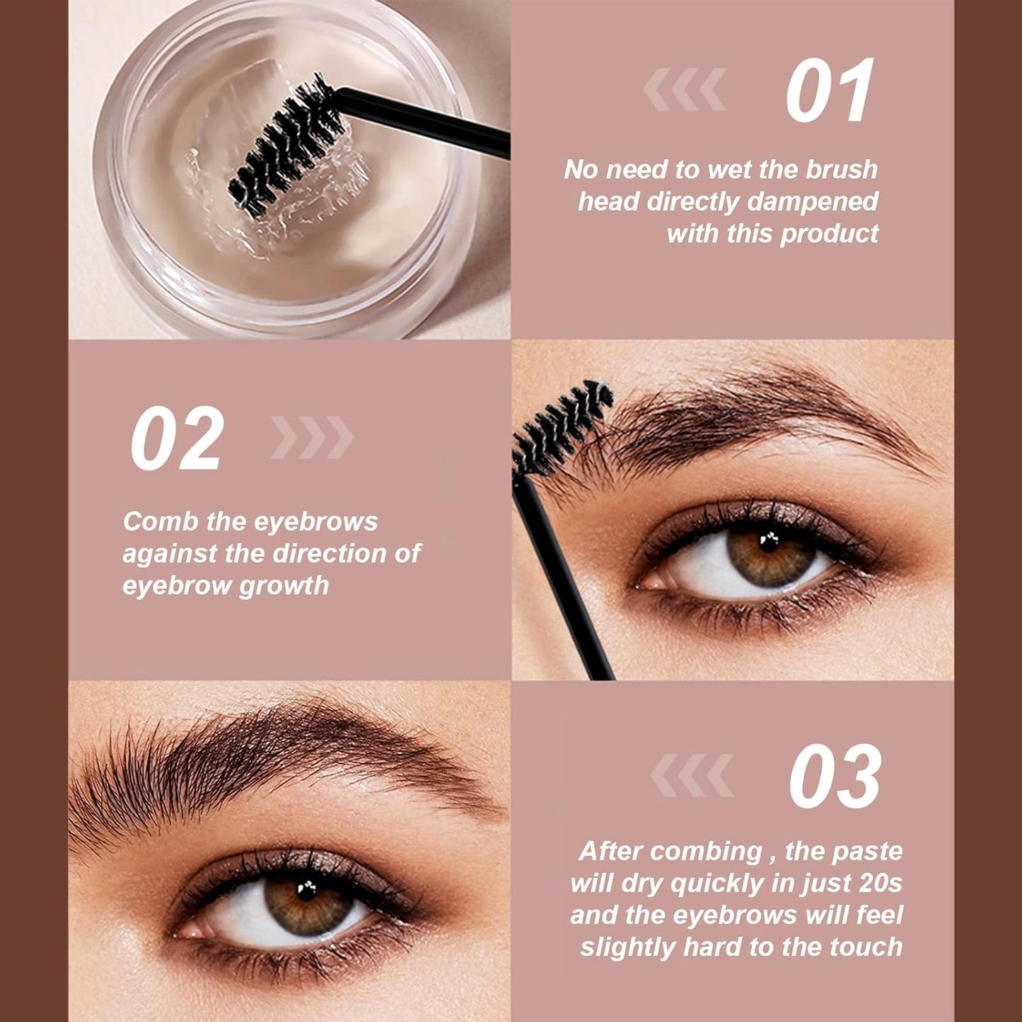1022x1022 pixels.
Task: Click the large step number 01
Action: click(x=829, y=90)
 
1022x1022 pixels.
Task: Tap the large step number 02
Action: click(x=177, y=438)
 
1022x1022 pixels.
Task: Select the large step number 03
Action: click(x=835, y=776)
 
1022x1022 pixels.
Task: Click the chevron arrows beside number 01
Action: click(x=685, y=89)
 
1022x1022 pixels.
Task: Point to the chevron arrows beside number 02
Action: click(x=312, y=437)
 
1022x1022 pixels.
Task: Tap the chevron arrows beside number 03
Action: click(x=692, y=775)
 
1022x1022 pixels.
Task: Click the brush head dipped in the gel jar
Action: click(x=285, y=144)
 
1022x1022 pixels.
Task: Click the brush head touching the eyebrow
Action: click(x=562, y=427)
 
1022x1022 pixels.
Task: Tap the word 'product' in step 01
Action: click(x=830, y=234)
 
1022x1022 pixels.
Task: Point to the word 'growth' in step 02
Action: click(x=284, y=586)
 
